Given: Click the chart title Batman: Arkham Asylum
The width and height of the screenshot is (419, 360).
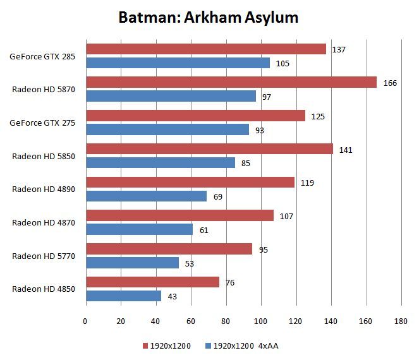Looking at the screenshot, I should pos(209,17).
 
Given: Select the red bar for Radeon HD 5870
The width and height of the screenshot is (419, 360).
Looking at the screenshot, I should pos(231,82).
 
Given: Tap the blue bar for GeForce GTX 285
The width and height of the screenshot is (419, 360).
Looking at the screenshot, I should pos(178,63).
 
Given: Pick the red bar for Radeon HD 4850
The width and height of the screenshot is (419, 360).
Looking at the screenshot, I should pos(152,282).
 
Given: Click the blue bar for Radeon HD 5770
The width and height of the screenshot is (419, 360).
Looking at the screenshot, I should pos(132,263).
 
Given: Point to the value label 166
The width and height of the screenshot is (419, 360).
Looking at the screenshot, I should pos(390,83).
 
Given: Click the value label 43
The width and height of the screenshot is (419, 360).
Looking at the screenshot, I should pos(172,296).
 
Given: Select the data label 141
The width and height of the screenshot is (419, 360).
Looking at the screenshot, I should pos(346,150).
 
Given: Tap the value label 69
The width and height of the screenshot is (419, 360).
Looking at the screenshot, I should pos(217,196).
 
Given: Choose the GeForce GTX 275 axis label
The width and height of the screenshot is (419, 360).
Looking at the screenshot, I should pos(42,123).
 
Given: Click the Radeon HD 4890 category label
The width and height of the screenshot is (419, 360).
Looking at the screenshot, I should pos(44,189).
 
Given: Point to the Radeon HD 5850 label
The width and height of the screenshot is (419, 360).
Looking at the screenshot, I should pos(44,156).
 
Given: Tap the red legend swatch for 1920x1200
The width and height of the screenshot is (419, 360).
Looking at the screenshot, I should pos(145,346).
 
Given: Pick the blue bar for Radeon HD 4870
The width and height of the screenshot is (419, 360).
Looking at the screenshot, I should pos(139,229).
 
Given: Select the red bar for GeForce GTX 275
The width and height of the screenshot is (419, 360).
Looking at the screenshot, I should pos(195,116).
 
